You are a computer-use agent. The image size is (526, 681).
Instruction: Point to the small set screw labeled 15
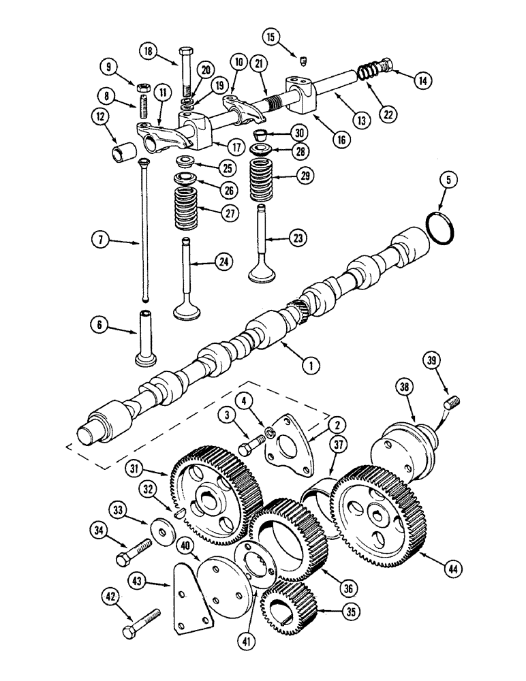click(x=301, y=63)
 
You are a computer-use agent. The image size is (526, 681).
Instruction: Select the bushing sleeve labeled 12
click(x=123, y=148)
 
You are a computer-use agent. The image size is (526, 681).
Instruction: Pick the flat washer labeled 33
click(x=161, y=529)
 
